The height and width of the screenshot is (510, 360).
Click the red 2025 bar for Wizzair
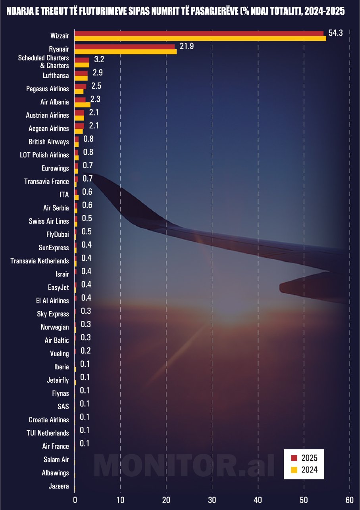198,33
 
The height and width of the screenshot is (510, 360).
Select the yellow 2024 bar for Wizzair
200,38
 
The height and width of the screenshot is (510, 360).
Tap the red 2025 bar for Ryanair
125,47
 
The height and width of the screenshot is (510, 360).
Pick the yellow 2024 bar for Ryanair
125,52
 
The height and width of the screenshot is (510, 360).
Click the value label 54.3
335,33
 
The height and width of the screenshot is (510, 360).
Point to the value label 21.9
187,46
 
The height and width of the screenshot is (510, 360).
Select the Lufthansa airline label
56,75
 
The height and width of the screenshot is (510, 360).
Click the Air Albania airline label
54,102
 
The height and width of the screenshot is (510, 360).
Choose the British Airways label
48,142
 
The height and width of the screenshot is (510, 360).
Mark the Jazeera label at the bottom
58,486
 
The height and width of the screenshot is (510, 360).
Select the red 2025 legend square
294,458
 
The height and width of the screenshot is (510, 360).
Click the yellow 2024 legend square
294,470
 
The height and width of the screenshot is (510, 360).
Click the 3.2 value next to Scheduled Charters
99,60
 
